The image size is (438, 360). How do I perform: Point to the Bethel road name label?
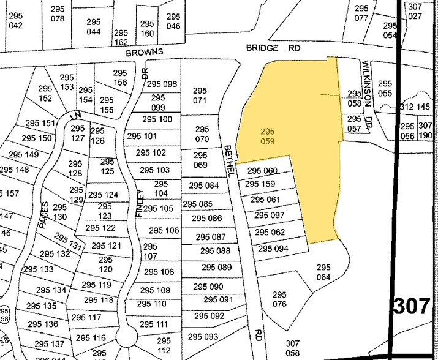tap(230, 162)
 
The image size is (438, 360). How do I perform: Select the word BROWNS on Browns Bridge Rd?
tap(145, 53)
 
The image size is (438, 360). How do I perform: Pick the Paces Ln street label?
tap(45, 214)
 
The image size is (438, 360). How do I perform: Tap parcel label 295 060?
tap(262, 171)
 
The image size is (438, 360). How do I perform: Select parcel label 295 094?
tap(273, 249)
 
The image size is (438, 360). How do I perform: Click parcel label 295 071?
tap(200, 95)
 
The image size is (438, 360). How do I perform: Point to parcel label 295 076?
tap(279, 299)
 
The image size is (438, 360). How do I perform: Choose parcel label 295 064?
tap(323, 272)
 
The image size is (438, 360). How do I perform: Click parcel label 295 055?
tap(385, 89)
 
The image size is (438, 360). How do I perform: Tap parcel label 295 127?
tap(78, 133)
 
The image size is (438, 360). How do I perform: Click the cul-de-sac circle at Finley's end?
tap(128, 336)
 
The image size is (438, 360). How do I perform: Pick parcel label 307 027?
tap(415, 12)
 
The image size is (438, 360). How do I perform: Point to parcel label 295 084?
tap(203, 186)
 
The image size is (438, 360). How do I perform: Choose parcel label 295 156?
tap(120, 78)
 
